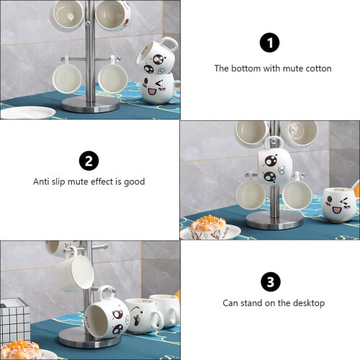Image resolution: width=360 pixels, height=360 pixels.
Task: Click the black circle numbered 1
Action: (x=269, y=42)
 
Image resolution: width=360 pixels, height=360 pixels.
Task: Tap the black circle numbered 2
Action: (x=89, y=161)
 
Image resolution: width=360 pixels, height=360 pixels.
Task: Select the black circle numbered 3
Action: (x=271, y=282)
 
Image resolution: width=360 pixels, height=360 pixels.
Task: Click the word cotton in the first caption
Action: (x=318, y=68)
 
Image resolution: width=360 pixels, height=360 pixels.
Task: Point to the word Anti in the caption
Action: (x=42, y=181)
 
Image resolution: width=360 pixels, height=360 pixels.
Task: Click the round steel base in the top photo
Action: (x=91, y=104)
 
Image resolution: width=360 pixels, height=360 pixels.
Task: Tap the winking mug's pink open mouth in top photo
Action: (x=152, y=91)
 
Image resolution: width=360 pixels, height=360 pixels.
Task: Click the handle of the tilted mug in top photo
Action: (x=168, y=45)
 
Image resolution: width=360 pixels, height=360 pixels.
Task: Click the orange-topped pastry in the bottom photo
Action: (x=21, y=350)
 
